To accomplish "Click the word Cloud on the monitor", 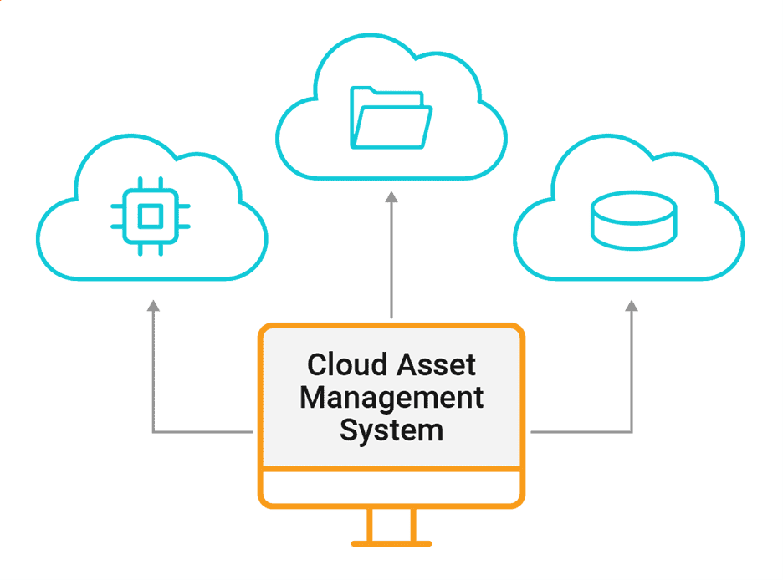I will (x=345, y=365).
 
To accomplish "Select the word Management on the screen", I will (x=391, y=397).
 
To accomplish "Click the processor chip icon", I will (x=150, y=216).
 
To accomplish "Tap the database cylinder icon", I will (x=632, y=220).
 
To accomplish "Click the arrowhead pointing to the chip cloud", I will (x=153, y=307).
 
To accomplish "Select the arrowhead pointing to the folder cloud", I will (x=391, y=196).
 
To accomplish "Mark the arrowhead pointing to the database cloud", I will (x=632, y=307).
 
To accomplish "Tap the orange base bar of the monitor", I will (x=391, y=544).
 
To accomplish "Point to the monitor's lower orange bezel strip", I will (x=391, y=488).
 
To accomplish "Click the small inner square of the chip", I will (x=150, y=216).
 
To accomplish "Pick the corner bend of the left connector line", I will (x=153, y=432).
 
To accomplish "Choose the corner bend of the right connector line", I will (x=632, y=432).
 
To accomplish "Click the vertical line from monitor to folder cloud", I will (x=391, y=259).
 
